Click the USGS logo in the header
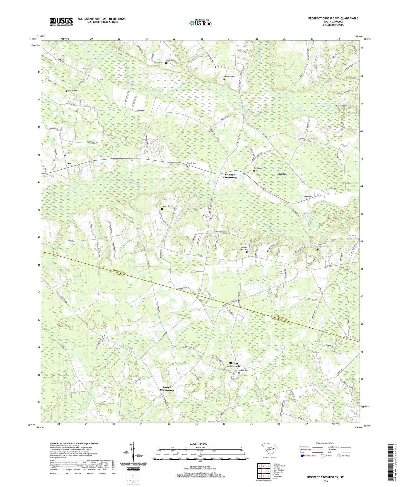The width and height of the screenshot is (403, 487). pos(61,21)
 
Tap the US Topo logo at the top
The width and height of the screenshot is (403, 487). pos(200,23)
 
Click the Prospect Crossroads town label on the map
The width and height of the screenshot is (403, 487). pos(230,176)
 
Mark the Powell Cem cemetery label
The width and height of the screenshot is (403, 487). pos(191,163)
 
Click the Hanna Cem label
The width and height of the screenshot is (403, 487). pos(166,206)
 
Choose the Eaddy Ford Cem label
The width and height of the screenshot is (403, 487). pos(321,245)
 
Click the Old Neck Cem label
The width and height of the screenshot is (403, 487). pos(229,76)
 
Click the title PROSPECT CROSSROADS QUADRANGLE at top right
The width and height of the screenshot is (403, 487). pos(333,18)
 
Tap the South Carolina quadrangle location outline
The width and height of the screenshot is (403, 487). pos(269,449)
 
